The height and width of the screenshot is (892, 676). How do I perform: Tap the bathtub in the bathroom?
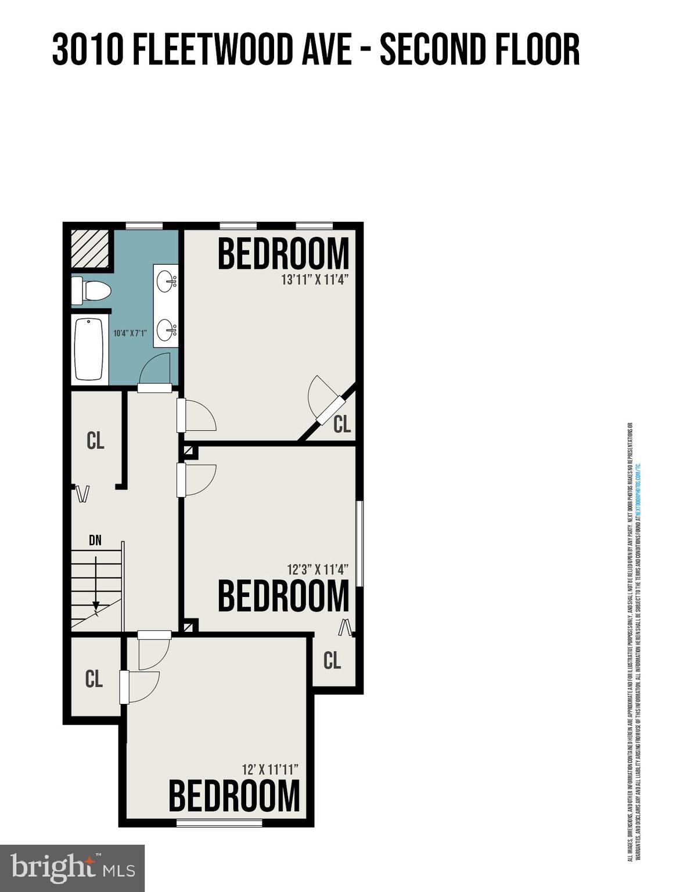[89, 348]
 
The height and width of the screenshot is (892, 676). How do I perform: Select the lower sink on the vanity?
[167, 330]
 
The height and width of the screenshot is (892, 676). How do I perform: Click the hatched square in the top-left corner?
[90, 249]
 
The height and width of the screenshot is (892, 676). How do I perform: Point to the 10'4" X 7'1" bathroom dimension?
[130, 333]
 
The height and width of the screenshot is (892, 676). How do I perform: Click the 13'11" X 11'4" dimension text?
[314, 280]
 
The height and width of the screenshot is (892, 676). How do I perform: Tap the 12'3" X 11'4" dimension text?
[317, 570]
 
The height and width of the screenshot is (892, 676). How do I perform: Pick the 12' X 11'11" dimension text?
[270, 769]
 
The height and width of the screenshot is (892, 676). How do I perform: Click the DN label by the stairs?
[95, 541]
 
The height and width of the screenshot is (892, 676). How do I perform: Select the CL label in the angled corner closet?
[342, 425]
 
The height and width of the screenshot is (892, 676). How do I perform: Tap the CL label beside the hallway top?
[95, 441]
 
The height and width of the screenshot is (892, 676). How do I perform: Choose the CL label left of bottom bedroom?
[94, 678]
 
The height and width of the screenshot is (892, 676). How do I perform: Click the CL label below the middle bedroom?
[332, 660]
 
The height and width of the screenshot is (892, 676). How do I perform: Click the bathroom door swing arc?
[154, 368]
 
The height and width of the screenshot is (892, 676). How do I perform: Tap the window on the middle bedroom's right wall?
[359, 544]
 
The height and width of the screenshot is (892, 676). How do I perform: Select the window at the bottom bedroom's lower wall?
[219, 822]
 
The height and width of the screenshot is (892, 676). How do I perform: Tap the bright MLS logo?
[72, 868]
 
